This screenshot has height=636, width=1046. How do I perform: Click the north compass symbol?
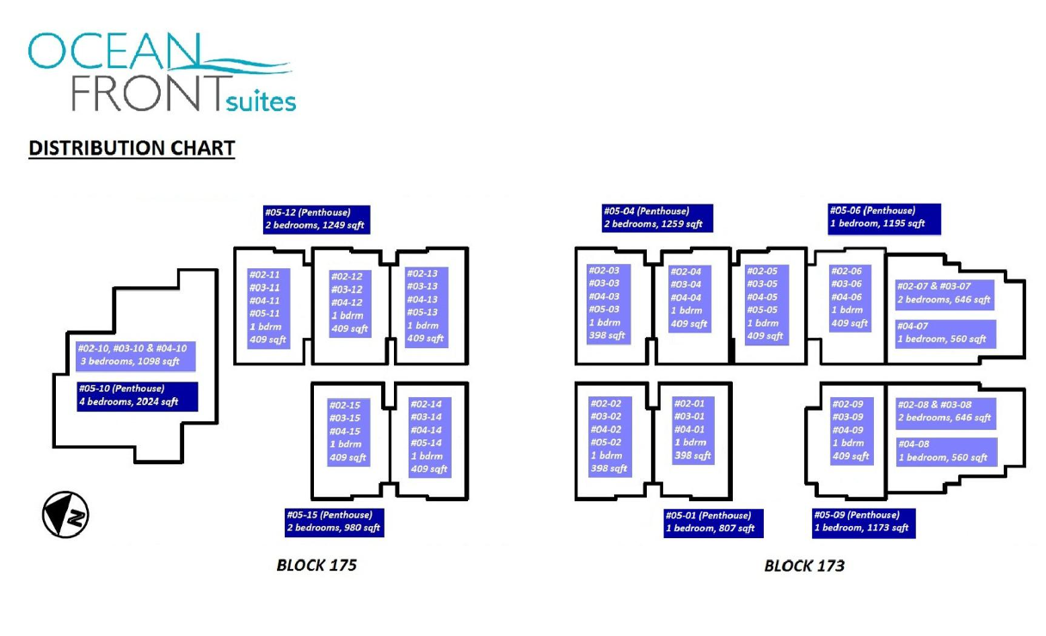65,516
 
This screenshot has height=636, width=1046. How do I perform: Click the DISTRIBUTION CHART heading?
132,148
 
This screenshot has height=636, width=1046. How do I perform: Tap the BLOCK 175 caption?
317,565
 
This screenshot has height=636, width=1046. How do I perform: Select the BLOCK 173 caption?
804,565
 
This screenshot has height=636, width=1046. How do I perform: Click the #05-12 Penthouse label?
317,219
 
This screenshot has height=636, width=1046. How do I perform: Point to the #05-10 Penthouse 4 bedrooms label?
137,395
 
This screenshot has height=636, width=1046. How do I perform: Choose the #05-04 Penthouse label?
656,217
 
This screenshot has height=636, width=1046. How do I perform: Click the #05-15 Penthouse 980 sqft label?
334,522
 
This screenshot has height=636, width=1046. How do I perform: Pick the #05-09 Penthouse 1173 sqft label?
863,522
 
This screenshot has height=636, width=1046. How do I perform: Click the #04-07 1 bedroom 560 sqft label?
945,333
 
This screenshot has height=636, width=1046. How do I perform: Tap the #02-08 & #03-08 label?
945,412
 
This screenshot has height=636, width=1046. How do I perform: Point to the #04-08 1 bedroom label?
945,451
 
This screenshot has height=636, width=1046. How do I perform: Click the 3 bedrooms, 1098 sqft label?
134,355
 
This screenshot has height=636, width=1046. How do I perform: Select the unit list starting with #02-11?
268,308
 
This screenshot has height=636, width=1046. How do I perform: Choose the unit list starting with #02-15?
348,431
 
